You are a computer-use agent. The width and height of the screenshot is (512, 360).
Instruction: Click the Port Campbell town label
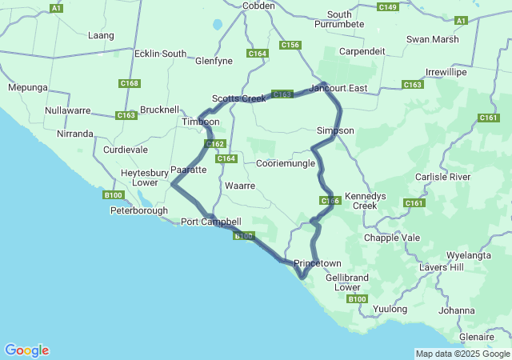(x=210, y=222)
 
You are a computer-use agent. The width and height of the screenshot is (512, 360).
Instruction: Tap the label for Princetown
(x=318, y=263)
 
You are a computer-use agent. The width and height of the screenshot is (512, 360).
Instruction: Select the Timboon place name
(x=200, y=122)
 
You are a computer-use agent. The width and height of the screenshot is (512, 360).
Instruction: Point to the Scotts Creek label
(x=238, y=98)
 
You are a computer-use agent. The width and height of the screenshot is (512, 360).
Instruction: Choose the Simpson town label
(x=335, y=130)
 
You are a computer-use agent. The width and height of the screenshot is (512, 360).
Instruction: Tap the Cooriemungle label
(x=285, y=163)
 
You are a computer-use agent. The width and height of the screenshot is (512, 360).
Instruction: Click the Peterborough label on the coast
(x=139, y=211)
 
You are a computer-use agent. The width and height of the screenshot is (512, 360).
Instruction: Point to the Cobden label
(x=258, y=6)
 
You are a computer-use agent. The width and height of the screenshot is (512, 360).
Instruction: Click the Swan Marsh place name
(x=433, y=39)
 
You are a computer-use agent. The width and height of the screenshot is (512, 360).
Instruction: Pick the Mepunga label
(x=28, y=87)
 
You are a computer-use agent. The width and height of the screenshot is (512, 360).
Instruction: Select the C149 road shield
(x=387, y=7)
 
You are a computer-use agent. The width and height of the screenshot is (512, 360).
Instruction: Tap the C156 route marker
(x=290, y=46)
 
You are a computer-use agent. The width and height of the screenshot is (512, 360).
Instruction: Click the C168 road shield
(x=130, y=83)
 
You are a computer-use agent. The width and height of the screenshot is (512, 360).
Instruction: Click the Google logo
(x=26, y=350)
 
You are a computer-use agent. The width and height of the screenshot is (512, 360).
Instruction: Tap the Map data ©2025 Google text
(x=462, y=354)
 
